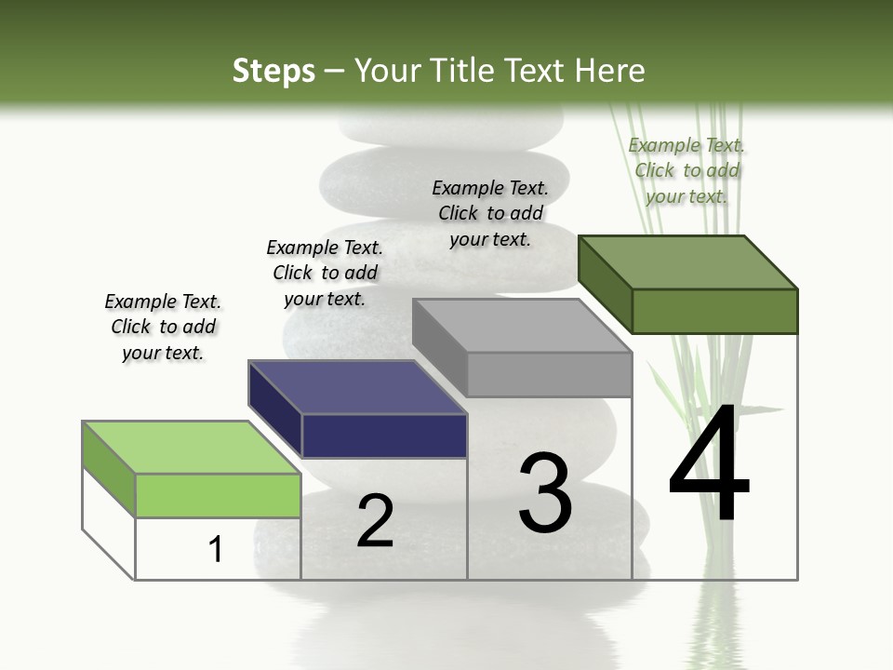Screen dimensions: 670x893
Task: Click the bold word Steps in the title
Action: coord(273,71)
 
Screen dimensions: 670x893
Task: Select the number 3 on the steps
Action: coord(545,493)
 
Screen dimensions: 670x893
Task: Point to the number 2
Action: coord(375,521)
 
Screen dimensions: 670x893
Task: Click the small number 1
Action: coord(216,549)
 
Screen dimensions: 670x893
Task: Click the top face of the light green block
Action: coord(192,448)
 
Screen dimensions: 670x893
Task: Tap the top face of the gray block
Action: coord(522,326)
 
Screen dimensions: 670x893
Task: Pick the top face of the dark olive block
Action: coord(688,262)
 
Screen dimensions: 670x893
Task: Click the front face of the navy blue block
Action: coord(384,435)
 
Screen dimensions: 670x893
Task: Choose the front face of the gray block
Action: coord(549,374)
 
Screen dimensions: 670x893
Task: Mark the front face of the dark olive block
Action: coord(714,311)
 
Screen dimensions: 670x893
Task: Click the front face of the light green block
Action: coord(219,495)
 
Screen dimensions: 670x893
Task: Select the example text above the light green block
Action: coord(163,327)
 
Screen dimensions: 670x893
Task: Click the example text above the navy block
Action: coord(325,273)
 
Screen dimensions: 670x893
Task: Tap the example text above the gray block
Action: coord(490,213)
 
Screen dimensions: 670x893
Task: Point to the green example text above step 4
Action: coord(686,170)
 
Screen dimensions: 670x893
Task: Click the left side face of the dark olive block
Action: coord(605,284)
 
